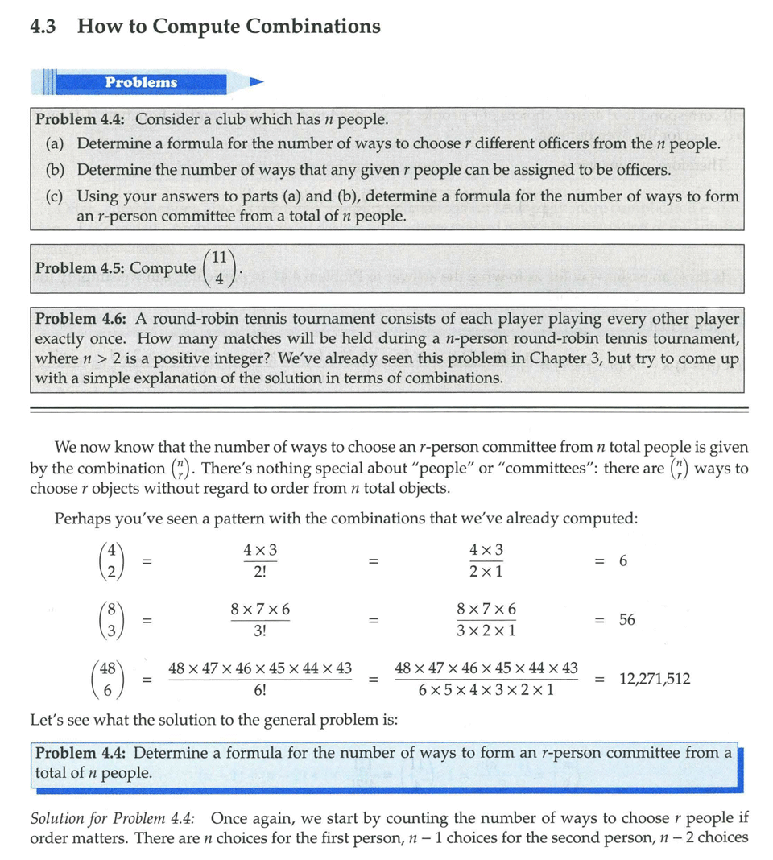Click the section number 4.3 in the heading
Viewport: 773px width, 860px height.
pos(44,27)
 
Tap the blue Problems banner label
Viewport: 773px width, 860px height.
pos(141,82)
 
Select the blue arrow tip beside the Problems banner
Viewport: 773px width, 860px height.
pos(256,82)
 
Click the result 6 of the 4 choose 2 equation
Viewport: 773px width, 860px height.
pos(622,560)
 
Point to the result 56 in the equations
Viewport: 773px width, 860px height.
pos(626,620)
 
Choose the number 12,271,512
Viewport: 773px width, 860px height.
pos(655,679)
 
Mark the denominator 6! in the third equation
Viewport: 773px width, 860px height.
pos(260,691)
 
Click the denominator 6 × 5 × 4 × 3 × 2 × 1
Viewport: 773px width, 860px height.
pos(486,691)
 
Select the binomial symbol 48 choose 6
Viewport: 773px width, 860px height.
pos(106,679)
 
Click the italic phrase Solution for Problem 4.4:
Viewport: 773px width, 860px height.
pos(113,819)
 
